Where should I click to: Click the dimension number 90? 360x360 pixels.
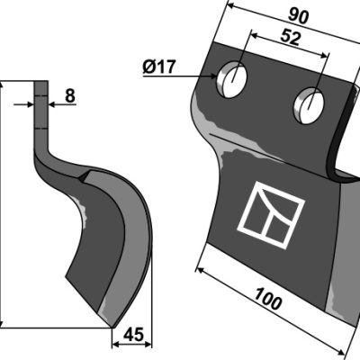(299, 17)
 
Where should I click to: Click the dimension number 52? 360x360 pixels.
(290, 38)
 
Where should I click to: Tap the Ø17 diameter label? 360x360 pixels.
(158, 67)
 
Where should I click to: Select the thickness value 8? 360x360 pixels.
(70, 96)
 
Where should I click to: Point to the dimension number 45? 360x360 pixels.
(133, 335)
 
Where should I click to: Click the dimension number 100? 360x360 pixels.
(268, 298)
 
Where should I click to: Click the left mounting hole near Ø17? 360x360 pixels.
(231, 79)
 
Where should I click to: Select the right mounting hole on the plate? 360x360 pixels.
(309, 105)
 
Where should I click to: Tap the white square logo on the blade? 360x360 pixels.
(271, 215)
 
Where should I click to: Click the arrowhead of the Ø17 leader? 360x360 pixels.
(212, 76)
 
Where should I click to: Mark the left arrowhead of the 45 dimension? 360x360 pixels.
(115, 345)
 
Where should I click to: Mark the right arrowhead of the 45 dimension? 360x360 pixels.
(148, 345)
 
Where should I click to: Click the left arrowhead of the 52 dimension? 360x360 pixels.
(255, 35)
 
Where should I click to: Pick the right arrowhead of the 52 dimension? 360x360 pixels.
(325, 56)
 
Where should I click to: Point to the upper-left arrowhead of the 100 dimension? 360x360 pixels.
(200, 270)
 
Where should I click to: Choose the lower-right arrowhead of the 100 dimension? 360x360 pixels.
(340, 351)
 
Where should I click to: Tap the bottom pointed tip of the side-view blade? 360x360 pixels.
(112, 328)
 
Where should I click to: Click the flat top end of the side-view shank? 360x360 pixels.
(40, 81)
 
